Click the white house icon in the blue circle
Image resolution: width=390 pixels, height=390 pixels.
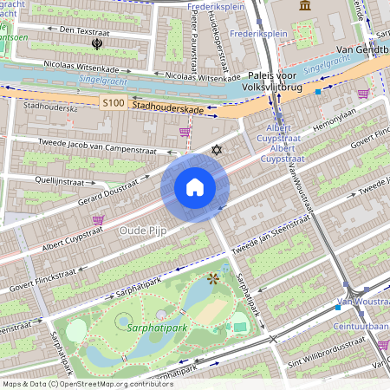(x=195, y=187)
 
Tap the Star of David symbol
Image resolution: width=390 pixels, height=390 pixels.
(x=217, y=152)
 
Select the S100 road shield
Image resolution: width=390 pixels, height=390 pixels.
(x=114, y=103)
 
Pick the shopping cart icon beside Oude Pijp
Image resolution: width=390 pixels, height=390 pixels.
(x=98, y=220)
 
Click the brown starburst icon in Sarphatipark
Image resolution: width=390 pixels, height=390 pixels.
(x=213, y=278)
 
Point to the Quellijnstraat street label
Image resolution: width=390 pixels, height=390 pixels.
(x=42, y=183)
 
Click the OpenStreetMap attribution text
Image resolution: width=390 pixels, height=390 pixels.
(x=87, y=383)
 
